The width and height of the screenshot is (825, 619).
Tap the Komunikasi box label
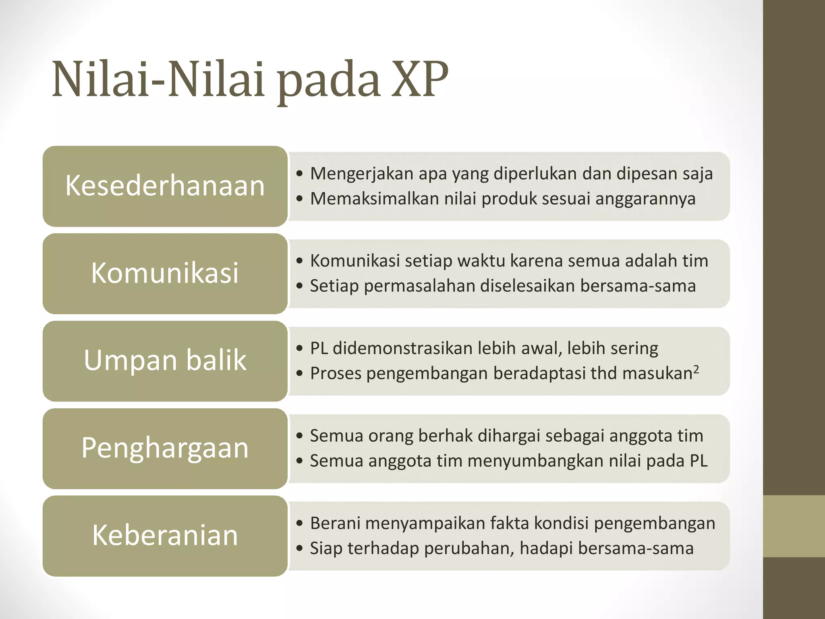(x=165, y=273)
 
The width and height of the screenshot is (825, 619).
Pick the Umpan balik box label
(x=165, y=360)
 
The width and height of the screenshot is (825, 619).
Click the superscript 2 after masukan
(x=696, y=368)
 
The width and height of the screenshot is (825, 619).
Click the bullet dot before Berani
(x=299, y=523)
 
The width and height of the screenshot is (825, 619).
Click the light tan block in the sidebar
(x=794, y=526)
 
